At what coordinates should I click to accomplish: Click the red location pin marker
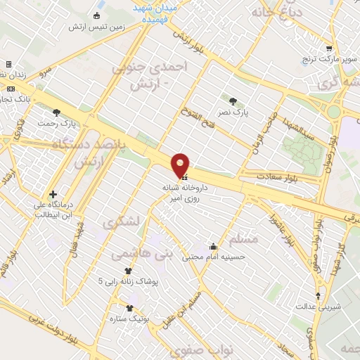click(181, 165)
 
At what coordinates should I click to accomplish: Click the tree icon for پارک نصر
click(233, 101)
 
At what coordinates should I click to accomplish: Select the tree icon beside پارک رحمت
click(57, 112)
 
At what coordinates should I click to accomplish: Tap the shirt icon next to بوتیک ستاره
click(129, 307)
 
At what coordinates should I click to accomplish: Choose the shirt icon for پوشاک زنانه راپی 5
click(128, 271)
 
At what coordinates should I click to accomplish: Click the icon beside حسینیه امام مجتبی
click(213, 247)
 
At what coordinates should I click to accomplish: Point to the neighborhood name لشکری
click(121, 222)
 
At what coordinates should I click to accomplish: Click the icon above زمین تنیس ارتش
click(97, 16)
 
